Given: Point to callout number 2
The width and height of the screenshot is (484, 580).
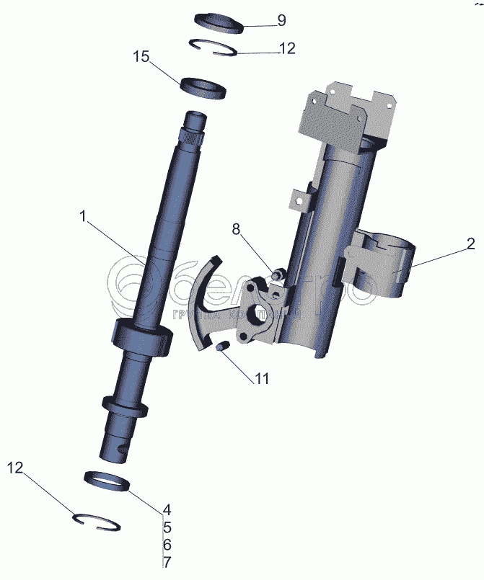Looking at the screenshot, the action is (x=470, y=244).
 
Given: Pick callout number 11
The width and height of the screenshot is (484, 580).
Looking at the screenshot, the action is (x=260, y=378).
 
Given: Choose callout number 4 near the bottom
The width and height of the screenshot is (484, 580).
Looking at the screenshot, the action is (x=166, y=508).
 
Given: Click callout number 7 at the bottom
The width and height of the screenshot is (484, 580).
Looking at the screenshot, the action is (x=166, y=562).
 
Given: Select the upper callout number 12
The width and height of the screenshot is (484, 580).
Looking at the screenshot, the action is (x=286, y=49).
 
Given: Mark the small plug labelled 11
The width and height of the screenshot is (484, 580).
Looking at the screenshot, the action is (x=224, y=349).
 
